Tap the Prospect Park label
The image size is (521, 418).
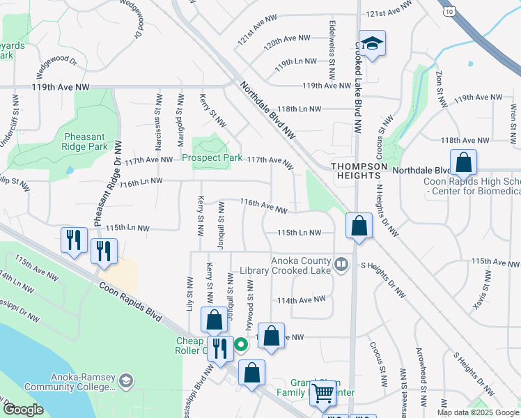(x=212, y=157)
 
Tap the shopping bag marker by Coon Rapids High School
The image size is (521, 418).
(x=463, y=164)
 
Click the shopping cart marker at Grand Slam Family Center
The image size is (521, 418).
(x=322, y=394)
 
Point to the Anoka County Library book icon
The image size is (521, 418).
(x=341, y=264)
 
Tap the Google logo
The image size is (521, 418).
(x=24, y=410)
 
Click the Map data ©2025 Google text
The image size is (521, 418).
(x=477, y=412)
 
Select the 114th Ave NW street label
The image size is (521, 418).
(x=302, y=300)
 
